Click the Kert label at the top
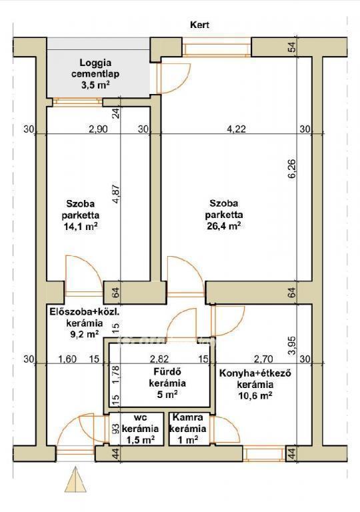[199, 25]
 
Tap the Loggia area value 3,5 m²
[95, 85]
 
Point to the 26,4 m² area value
[224, 226]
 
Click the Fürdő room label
[167, 371]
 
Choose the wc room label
[141, 417]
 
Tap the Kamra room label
[187, 417]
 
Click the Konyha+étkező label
[255, 373]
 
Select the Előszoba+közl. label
[84, 311]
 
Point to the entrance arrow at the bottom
[75, 480]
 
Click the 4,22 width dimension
[236, 129]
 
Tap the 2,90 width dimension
[98, 129]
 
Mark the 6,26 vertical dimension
[292, 169]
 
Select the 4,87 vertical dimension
[116, 195]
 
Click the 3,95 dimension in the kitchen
[292, 345]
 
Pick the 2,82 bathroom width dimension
[159, 359]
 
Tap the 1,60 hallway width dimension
[67, 359]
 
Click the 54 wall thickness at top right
[293, 47]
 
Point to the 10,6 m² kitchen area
[255, 396]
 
